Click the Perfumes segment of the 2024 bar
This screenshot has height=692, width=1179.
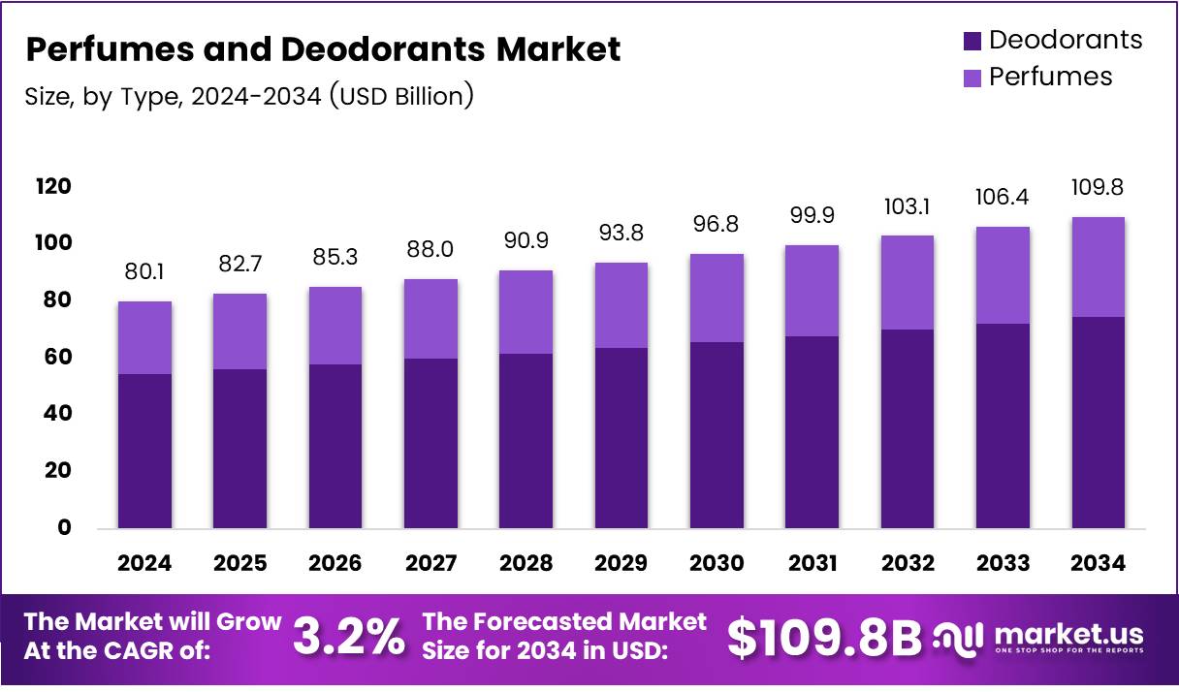(144, 337)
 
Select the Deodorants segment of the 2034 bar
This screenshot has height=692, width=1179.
(1098, 422)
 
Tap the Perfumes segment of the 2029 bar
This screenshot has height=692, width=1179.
(621, 305)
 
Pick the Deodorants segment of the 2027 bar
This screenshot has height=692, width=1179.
(430, 443)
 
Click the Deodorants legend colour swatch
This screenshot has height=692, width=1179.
(972, 41)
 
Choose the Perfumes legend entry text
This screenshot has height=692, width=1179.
(1050, 78)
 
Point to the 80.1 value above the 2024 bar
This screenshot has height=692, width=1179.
(144, 272)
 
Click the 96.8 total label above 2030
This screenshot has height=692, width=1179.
(717, 224)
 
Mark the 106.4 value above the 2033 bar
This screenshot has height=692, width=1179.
(1003, 198)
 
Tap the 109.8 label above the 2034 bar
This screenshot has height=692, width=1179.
(1098, 187)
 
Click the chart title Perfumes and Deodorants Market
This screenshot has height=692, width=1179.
(323, 49)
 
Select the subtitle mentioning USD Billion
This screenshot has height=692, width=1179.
(248, 96)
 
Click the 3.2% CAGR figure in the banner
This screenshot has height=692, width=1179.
(349, 637)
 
